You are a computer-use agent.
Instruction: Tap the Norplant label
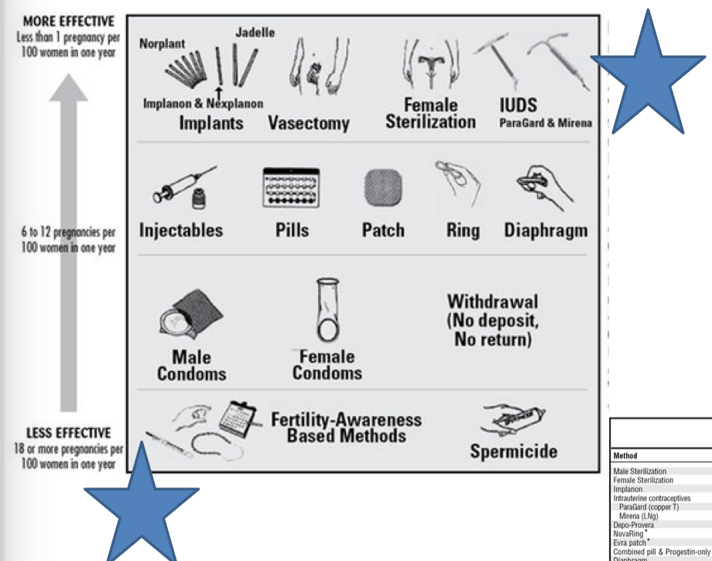click(161, 44)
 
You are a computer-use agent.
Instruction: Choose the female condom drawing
click(330, 310)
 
